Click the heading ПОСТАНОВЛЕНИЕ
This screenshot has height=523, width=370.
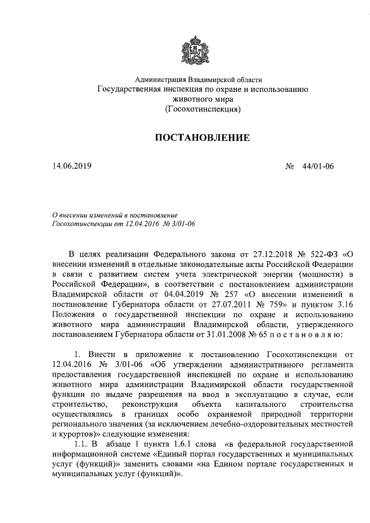click(x=201, y=138)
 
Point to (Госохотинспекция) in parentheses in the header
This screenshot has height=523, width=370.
click(x=202, y=108)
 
